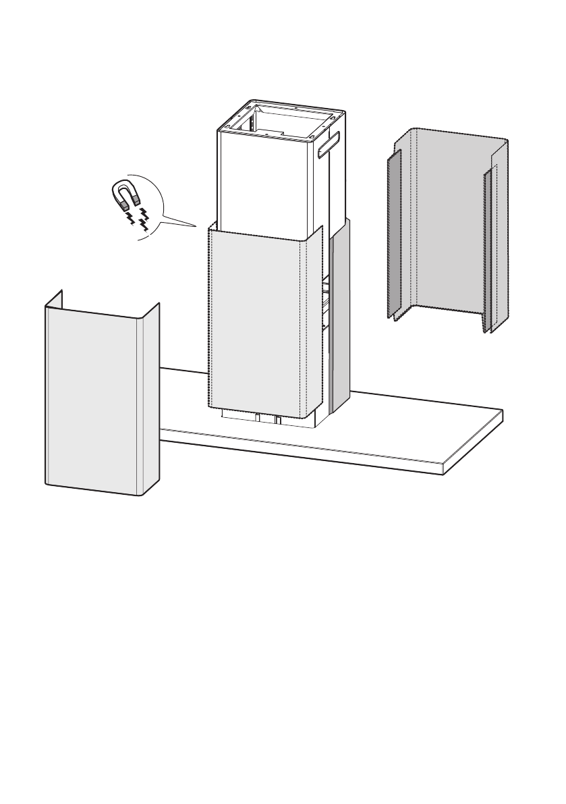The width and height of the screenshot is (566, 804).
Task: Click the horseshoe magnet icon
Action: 126,194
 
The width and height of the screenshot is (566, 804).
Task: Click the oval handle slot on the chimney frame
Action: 330,144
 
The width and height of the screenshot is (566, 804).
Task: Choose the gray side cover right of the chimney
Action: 340,317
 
